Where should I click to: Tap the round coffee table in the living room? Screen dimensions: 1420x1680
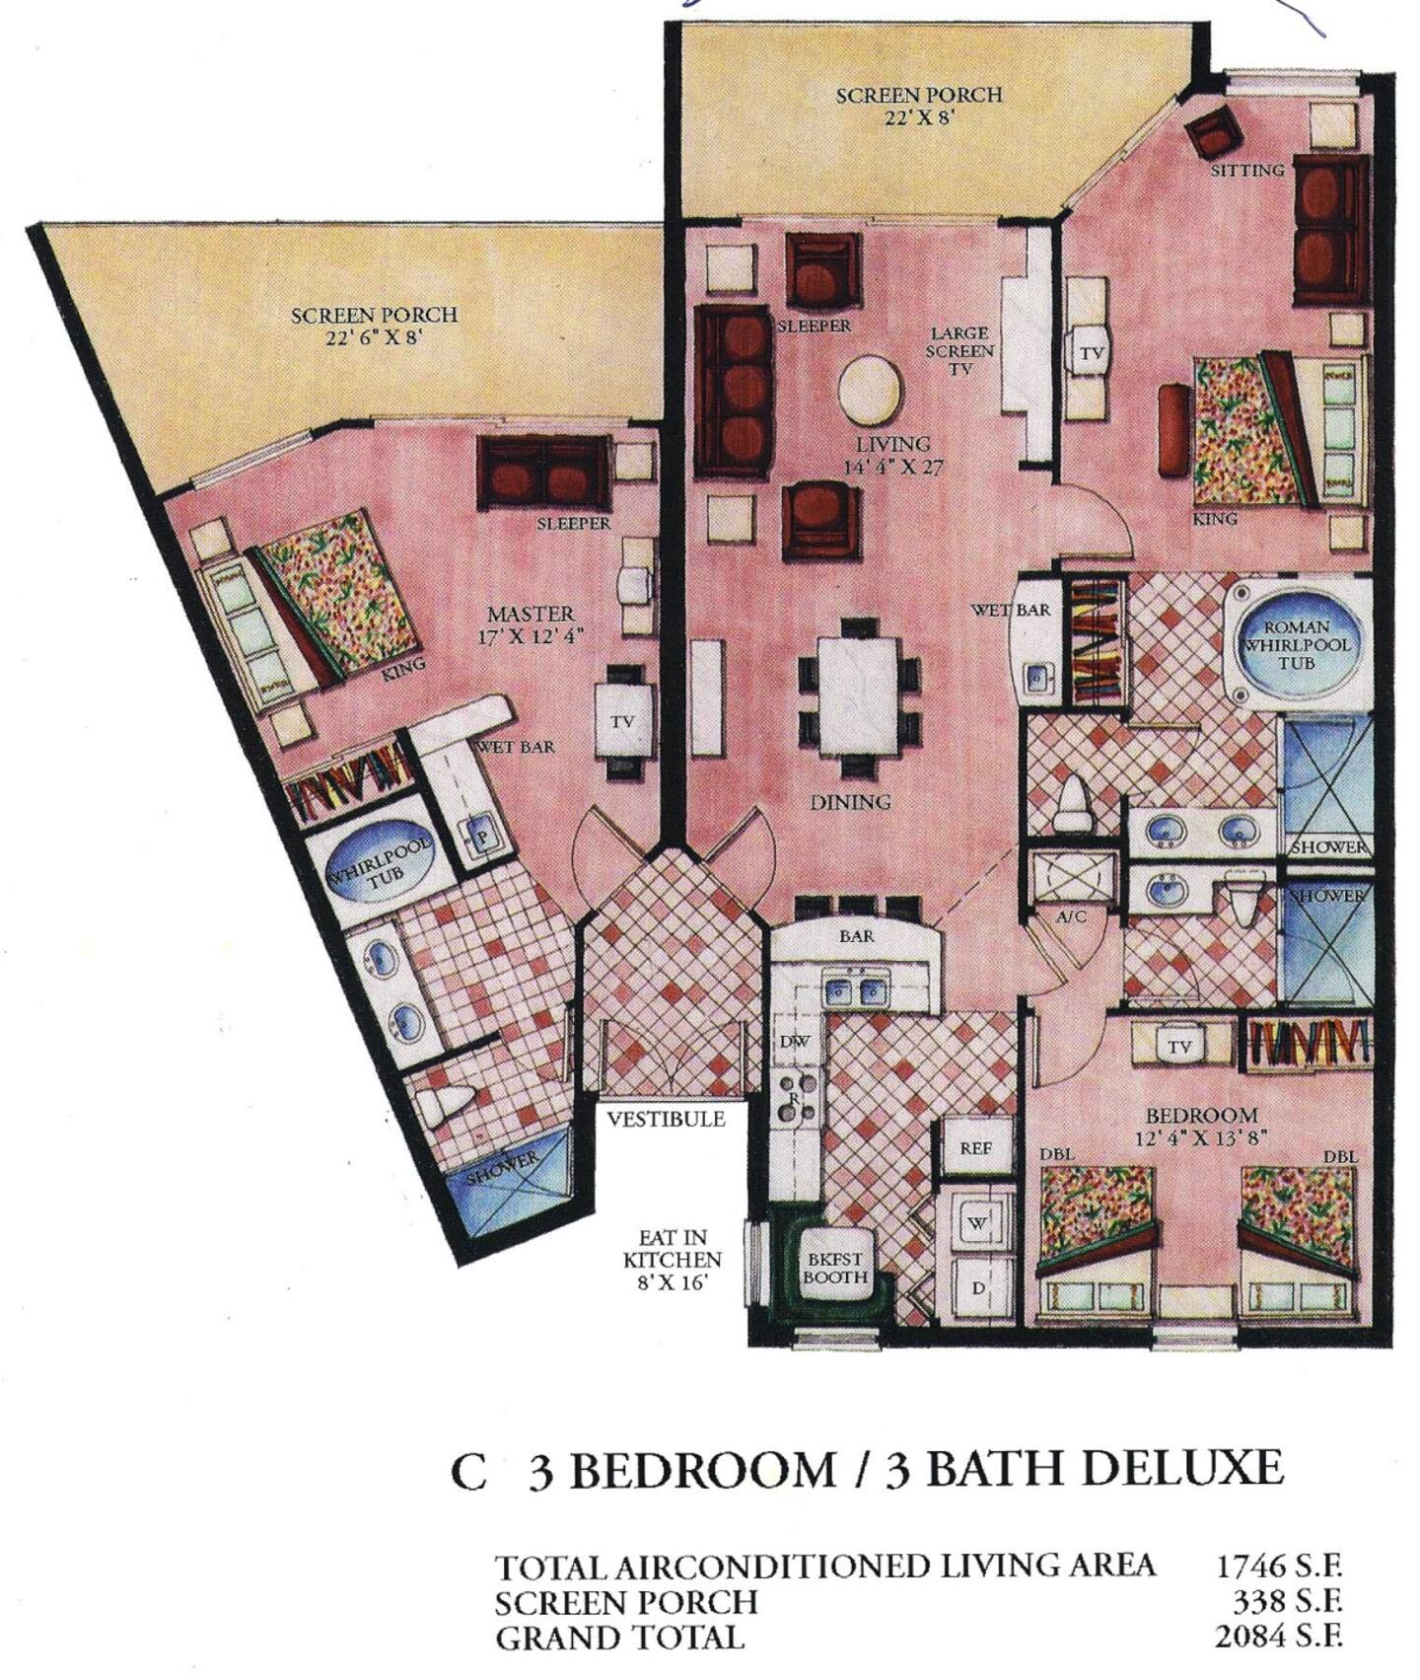click(x=869, y=388)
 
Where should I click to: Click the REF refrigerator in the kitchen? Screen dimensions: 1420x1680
click(x=975, y=1147)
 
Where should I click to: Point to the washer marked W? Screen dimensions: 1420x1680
click(x=976, y=1222)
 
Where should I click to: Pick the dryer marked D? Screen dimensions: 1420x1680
click(x=976, y=1287)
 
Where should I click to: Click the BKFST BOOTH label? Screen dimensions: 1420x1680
click(x=835, y=1268)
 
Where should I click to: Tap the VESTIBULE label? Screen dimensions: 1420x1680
click(x=666, y=1118)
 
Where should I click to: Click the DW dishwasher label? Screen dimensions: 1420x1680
click(x=794, y=1041)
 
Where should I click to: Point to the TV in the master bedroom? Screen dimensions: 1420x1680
click(x=621, y=722)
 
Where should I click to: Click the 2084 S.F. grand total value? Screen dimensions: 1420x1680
click(x=1278, y=1636)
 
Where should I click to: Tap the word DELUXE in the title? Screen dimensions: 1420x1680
click(x=1181, y=1468)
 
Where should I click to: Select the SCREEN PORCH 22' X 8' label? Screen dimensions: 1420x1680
click(x=919, y=106)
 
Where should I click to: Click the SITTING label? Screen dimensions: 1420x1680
click(x=1247, y=170)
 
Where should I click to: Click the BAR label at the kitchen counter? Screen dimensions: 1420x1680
click(x=857, y=935)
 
